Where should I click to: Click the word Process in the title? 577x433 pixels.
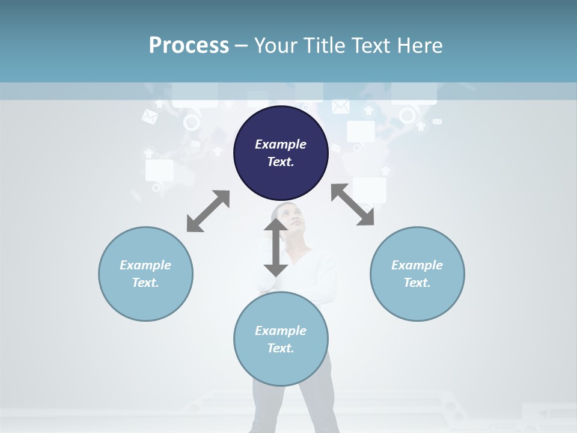point(189,46)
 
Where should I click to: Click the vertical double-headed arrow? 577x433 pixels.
point(276,247)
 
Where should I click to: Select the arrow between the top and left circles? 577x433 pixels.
point(208,211)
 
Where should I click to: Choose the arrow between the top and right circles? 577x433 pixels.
point(353,204)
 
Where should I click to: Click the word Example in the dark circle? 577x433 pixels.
point(281,144)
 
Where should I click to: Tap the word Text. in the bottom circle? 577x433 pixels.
point(281,348)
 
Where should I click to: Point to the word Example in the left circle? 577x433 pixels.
point(145,265)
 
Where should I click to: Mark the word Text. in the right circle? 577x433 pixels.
point(417,283)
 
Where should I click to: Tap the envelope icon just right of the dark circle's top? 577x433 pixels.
point(341,106)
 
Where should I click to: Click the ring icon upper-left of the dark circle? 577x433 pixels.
point(191,123)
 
